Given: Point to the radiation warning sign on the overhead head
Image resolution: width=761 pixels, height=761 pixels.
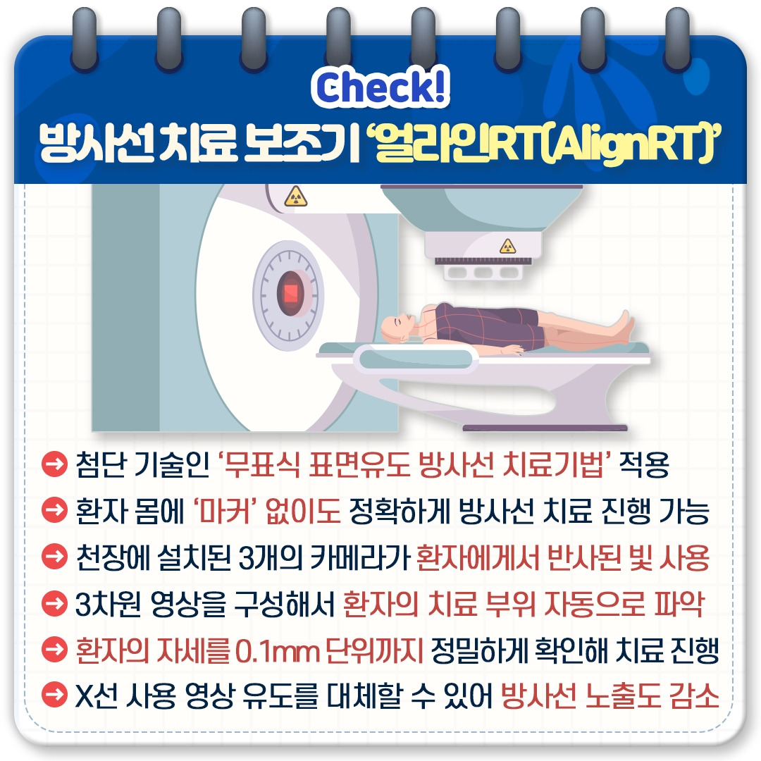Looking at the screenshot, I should tap(507, 246).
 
